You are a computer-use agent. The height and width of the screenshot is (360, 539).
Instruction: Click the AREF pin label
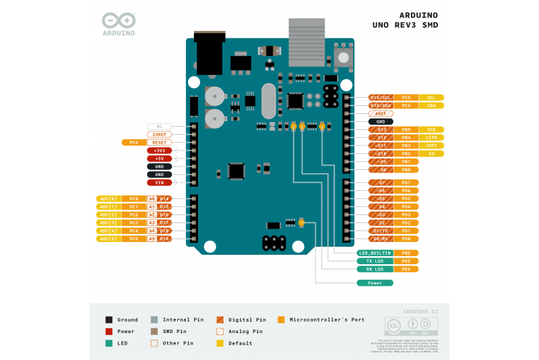pyautogui.click(x=381, y=113)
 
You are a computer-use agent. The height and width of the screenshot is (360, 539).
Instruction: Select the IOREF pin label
pyautogui.click(x=159, y=134)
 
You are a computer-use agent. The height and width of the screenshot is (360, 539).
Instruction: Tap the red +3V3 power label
pyautogui.click(x=159, y=150)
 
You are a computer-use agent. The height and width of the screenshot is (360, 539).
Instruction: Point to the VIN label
pyautogui.click(x=159, y=182)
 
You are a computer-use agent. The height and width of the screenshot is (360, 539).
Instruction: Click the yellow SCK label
pyautogui.click(x=431, y=129)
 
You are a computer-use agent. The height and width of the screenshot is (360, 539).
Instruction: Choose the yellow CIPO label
pyautogui.click(x=431, y=138)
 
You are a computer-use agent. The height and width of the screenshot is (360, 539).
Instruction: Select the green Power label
pyautogui.click(x=375, y=282)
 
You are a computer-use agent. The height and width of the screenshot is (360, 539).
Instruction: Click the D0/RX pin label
pyautogui.click(x=381, y=239)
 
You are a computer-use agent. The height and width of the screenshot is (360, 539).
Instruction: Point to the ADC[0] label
pyautogui.click(x=108, y=198)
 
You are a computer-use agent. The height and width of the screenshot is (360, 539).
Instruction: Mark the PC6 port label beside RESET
pyautogui.click(x=134, y=142)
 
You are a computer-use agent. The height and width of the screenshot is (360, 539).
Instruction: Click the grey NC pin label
pyautogui.click(x=159, y=126)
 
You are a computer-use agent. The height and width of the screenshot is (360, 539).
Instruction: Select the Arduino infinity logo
pyautogui.click(x=119, y=20)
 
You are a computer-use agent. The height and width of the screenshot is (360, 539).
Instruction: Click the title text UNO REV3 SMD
pyautogui.click(x=405, y=26)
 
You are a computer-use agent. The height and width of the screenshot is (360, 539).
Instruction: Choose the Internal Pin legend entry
pyautogui.click(x=178, y=320)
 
